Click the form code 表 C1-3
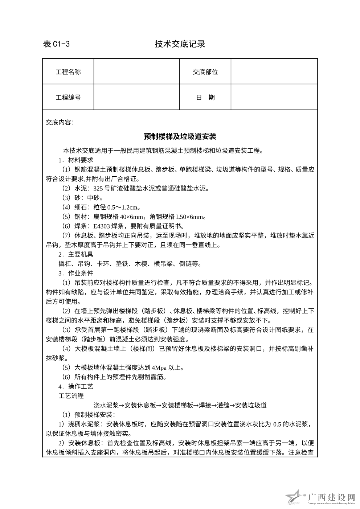[56, 44]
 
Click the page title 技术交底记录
[180, 44]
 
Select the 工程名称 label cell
[68, 72]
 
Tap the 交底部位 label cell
[205, 72]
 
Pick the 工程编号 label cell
[68, 97]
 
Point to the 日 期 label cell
[205, 97]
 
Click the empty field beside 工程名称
[137, 72]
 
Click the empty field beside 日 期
[274, 97]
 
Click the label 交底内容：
[60, 122]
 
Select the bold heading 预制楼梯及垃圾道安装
[180, 136]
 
